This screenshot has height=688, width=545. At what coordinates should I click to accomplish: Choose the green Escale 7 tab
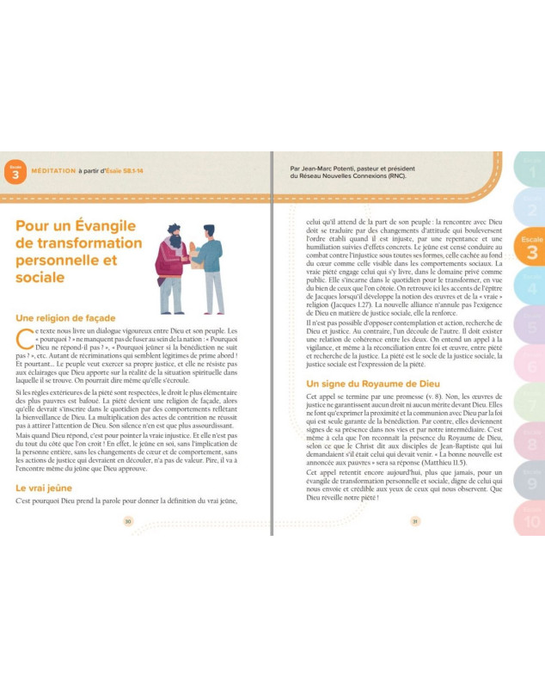530,400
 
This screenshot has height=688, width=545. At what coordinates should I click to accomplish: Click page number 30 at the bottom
128,521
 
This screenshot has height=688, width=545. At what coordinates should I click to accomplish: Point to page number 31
414,521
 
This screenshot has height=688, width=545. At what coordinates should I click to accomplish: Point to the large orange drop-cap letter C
25,338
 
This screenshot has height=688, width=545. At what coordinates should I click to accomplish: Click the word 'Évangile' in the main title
97,224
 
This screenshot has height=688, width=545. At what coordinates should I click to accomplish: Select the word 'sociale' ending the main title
41,277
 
